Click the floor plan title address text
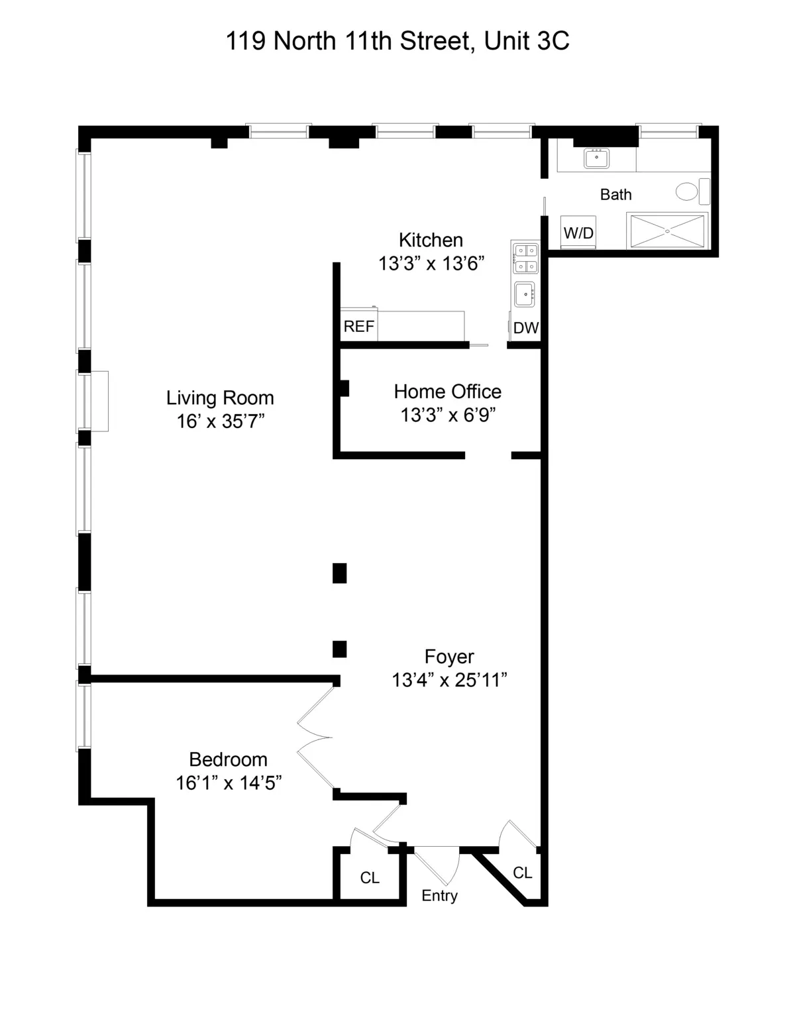tap(397, 41)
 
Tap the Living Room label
tap(220, 398)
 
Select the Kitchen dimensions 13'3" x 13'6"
tap(431, 264)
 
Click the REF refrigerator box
tap(358, 327)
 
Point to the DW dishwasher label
tap(526, 328)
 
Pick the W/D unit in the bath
tap(578, 233)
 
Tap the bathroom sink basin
tap(596, 158)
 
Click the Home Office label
tap(447, 391)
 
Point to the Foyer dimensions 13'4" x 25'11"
tap(449, 680)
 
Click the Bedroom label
tap(228, 759)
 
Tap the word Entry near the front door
tap(439, 896)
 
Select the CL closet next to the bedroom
tap(370, 878)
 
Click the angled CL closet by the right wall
tap(523, 873)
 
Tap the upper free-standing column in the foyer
tap(339, 572)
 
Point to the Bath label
tap(615, 195)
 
